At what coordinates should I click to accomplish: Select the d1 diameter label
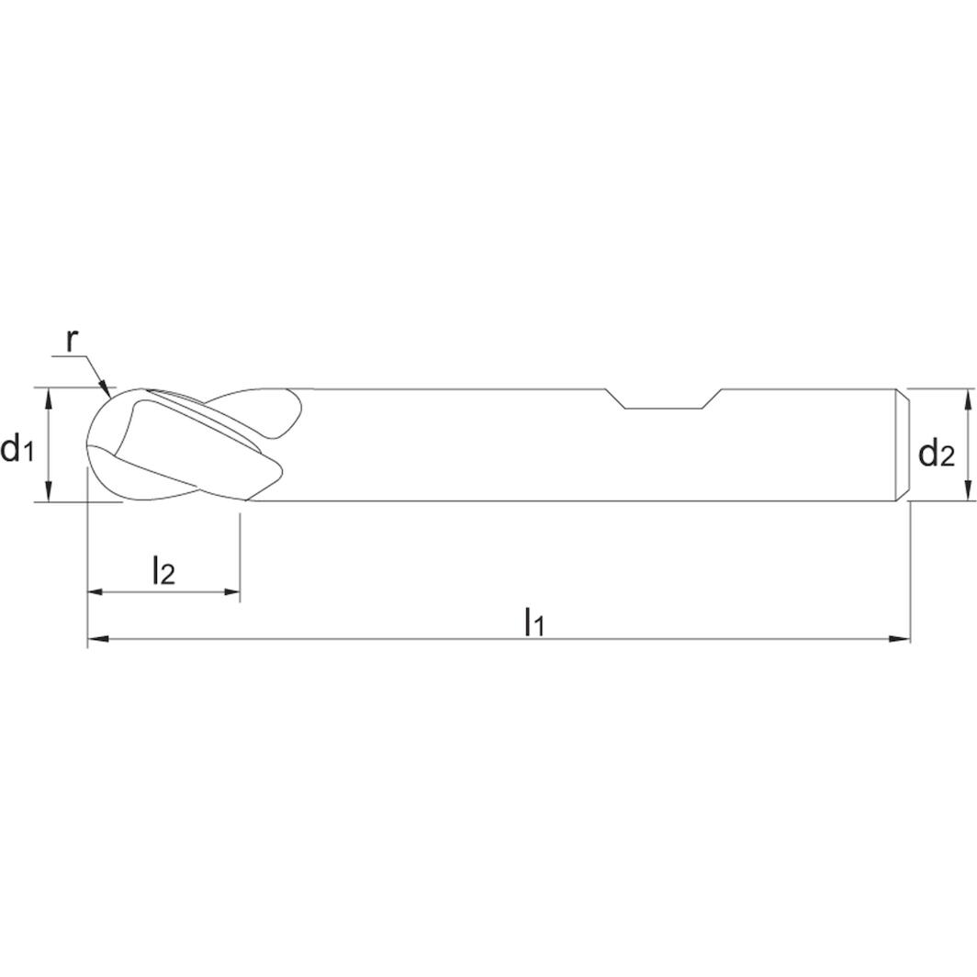coord(17,449)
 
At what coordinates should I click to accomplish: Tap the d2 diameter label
coord(936,453)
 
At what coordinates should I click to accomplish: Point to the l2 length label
coord(163,571)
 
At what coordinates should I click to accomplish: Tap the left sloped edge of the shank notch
coord(614,399)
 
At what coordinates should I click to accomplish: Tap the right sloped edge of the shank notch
coord(712,399)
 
